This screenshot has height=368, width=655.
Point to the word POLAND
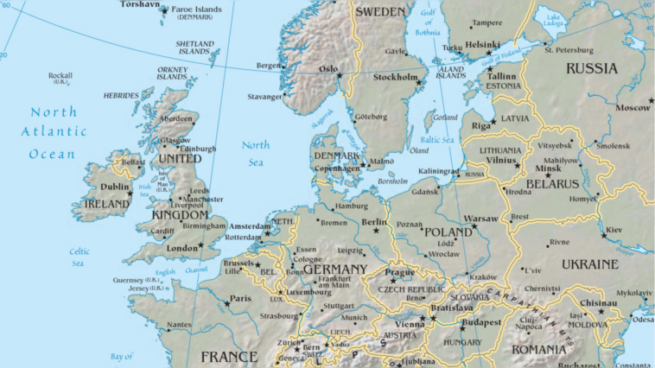(x=448, y=232)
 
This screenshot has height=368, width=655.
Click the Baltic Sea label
(x=436, y=140)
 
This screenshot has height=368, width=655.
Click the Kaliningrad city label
(x=439, y=170)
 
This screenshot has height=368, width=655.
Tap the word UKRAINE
(x=590, y=263)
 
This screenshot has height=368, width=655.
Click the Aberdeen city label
(x=176, y=118)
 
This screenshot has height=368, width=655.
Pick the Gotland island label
(x=445, y=117)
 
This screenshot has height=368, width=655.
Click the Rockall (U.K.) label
(x=60, y=78)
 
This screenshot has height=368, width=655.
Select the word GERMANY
(x=335, y=270)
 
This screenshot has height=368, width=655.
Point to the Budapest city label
(x=481, y=322)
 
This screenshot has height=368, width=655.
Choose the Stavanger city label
(x=265, y=97)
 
